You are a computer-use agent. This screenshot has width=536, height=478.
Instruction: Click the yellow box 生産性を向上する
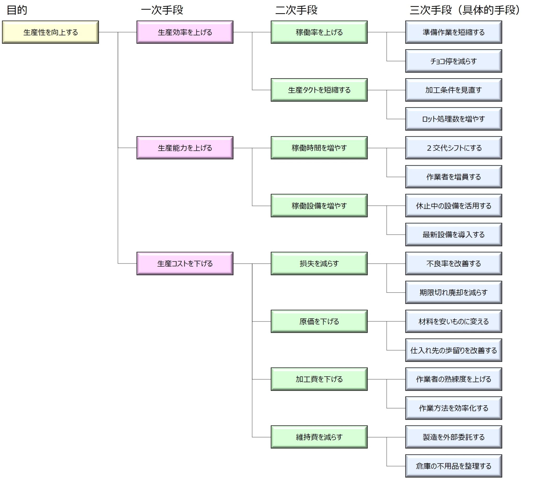point(51,32)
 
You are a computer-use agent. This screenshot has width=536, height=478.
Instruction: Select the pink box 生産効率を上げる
point(185,32)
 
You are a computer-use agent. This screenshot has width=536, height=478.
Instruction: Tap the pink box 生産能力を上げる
point(185,148)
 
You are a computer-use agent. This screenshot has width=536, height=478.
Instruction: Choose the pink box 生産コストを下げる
point(185,263)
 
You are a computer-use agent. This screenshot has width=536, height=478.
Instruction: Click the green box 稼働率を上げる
point(319,32)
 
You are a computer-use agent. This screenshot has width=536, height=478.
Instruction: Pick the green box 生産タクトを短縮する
point(319,90)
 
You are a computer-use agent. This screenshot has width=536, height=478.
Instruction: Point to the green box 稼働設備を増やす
point(319,206)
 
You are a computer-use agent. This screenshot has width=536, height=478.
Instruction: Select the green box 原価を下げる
point(319,321)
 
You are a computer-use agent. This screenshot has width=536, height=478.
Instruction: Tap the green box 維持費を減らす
point(319,437)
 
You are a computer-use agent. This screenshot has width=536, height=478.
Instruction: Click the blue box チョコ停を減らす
point(454,61)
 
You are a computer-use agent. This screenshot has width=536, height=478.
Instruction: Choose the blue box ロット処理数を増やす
point(454,119)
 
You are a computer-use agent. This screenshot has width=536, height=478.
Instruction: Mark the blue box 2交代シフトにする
point(454,148)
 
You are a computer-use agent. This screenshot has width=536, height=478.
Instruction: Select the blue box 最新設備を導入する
point(454,234)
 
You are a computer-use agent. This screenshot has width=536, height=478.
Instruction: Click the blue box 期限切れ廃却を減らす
point(454,292)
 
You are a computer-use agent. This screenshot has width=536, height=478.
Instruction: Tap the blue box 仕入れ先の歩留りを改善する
point(454,350)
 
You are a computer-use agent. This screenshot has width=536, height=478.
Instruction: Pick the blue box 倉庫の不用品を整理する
point(454,466)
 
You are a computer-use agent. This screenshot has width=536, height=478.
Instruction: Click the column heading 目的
point(17,10)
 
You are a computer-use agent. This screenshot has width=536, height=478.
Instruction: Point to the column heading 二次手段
point(296,10)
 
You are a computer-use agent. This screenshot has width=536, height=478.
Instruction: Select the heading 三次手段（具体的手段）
point(465,10)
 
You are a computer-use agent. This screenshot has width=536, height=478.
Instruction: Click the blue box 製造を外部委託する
point(454,437)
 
